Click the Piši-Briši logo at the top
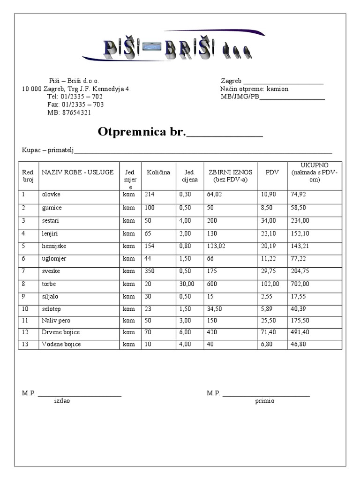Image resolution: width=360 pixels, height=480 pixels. click(177, 48)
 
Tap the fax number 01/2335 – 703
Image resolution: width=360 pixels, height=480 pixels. click(75, 105)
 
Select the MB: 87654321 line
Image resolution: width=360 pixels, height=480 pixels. click(69, 112)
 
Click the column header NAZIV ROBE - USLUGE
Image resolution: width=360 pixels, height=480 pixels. click(77, 172)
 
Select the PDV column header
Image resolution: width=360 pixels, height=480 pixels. click(272, 172)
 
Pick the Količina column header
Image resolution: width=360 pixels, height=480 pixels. click(158, 172)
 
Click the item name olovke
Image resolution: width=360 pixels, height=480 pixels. click(51, 194)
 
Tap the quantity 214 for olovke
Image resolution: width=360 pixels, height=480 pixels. click(150, 194)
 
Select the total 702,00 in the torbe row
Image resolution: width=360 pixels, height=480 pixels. click(300, 284)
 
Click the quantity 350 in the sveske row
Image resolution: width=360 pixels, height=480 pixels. click(150, 271)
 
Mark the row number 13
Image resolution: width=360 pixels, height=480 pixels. click(25, 345)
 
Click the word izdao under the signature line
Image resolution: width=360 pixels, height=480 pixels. click(62, 401)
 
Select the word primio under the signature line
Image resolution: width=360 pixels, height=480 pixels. click(265, 401)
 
